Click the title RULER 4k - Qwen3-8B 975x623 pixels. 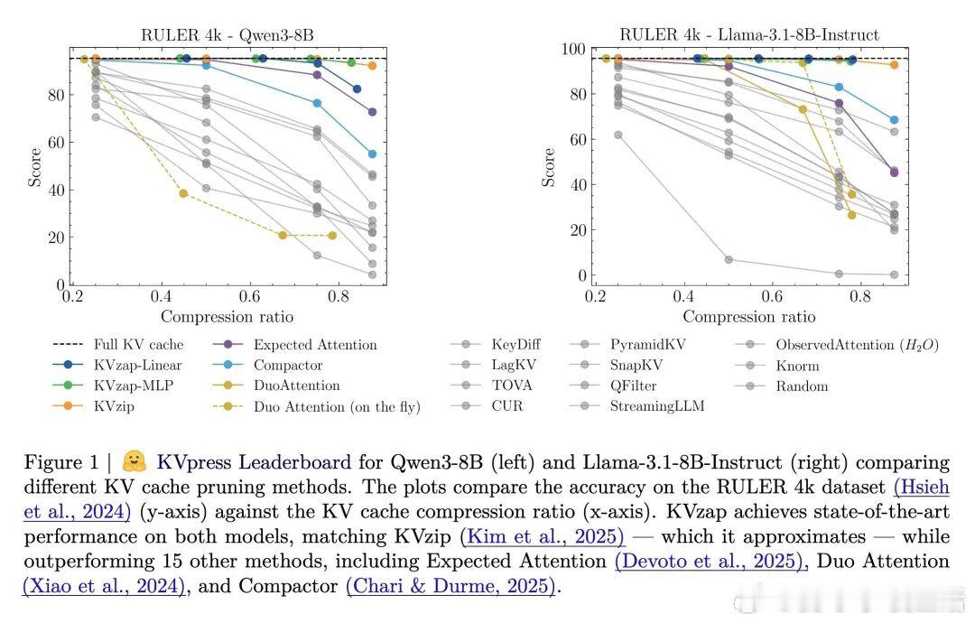coord(227,35)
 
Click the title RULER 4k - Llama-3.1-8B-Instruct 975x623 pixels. coord(748,35)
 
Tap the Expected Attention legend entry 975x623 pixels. coord(315,344)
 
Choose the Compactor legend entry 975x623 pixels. coord(288,365)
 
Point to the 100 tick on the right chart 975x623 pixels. coord(572,50)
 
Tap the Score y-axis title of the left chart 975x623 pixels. coord(35,168)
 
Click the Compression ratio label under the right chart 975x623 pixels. coord(748,317)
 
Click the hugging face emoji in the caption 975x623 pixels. coord(135,462)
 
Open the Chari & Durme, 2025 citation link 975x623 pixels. coord(450,586)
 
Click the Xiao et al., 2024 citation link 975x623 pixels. coord(105,586)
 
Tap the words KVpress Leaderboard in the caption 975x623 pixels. coord(254,463)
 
